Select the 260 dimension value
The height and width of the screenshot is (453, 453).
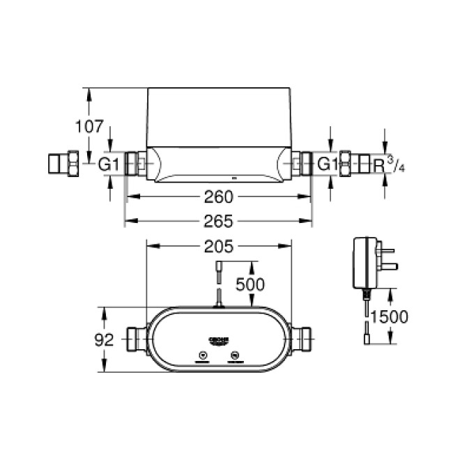(219, 197)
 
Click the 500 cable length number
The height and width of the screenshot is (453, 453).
(249, 284)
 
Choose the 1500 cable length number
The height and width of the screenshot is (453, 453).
(388, 316)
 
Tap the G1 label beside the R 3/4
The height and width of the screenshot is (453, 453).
(327, 165)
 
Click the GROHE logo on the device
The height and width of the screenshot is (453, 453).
(218, 340)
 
